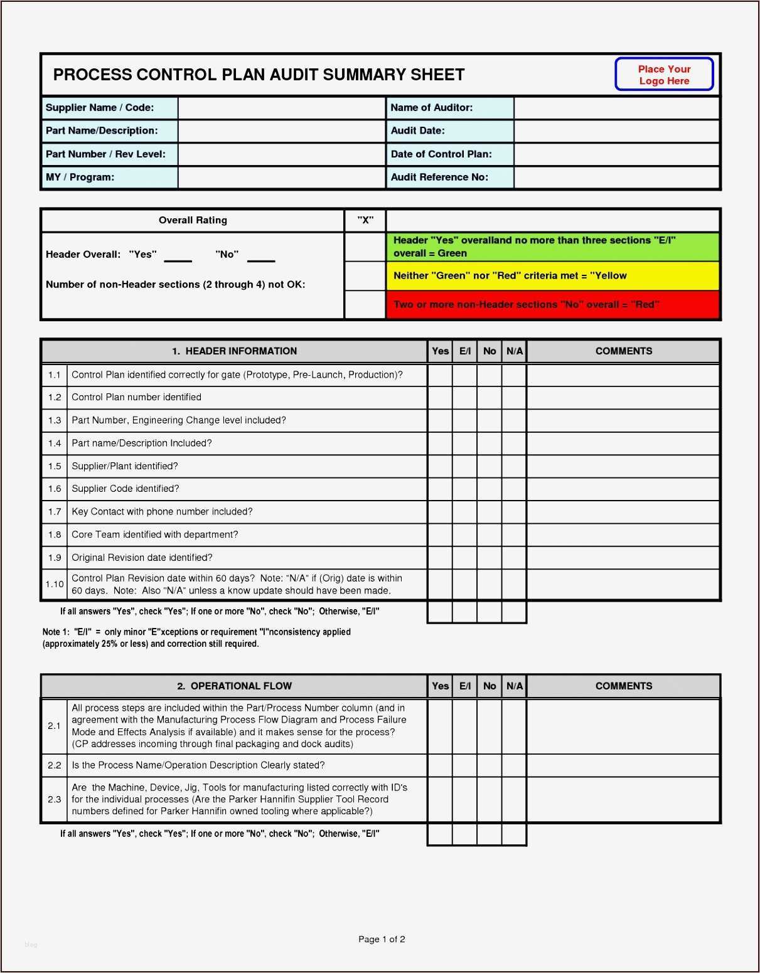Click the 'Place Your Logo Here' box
(664, 75)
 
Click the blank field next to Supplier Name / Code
(281, 108)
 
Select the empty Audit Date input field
(616, 131)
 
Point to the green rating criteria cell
(552, 247)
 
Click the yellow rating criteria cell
(552, 276)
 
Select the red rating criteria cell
(552, 305)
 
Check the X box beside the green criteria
(365, 247)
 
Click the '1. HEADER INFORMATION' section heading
(234, 351)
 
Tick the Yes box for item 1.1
(440, 375)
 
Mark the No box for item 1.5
(489, 467)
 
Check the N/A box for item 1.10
(514, 585)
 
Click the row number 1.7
(55, 512)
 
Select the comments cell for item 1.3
(623, 421)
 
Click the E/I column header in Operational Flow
(464, 686)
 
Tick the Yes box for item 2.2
(440, 765)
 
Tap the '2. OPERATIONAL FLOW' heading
(234, 686)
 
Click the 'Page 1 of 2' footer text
(382, 939)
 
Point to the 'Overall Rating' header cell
(193, 220)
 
